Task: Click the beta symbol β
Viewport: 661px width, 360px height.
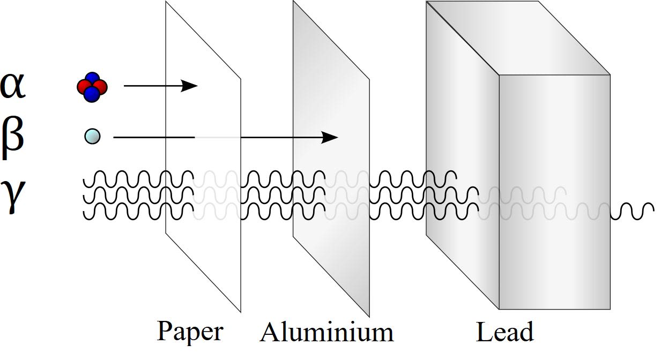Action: [13, 138]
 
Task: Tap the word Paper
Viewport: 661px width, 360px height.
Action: [189, 332]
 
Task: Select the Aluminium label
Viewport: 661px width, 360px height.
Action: [326, 332]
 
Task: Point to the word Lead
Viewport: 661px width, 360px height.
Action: [504, 332]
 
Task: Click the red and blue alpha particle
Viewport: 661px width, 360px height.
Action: [92, 86]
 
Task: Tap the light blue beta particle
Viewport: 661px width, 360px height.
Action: [92, 137]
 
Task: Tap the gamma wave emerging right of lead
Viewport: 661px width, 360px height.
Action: [633, 211]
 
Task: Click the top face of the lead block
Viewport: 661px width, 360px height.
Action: [517, 37]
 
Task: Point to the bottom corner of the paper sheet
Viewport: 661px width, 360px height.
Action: [240, 311]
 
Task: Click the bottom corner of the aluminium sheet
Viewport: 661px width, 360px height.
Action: [369, 316]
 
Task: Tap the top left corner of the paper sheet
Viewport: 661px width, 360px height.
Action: [166, 2]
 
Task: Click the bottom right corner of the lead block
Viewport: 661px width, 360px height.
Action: [610, 309]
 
